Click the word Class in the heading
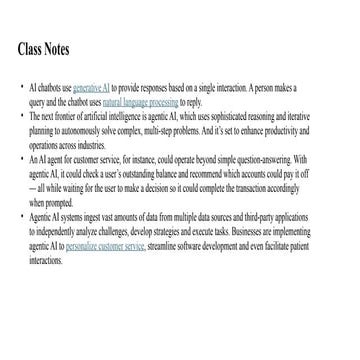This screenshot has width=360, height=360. click(34, 49)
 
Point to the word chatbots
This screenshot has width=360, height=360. click(51, 89)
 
